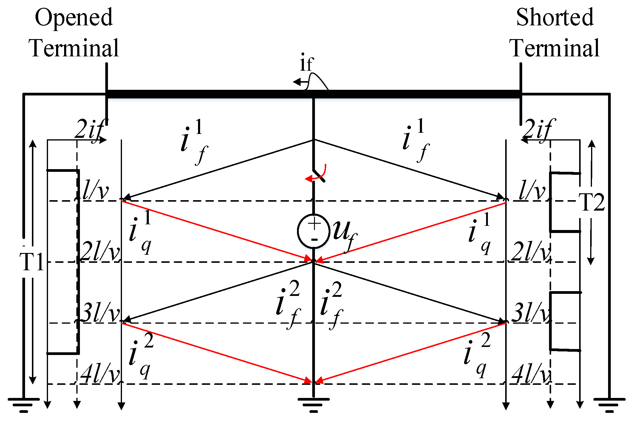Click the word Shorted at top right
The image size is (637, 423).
(555, 17)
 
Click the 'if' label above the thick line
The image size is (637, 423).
(306, 64)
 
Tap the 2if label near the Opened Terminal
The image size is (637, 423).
(89, 130)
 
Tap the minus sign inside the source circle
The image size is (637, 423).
(314, 240)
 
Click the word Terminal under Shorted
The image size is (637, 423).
(555, 48)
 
